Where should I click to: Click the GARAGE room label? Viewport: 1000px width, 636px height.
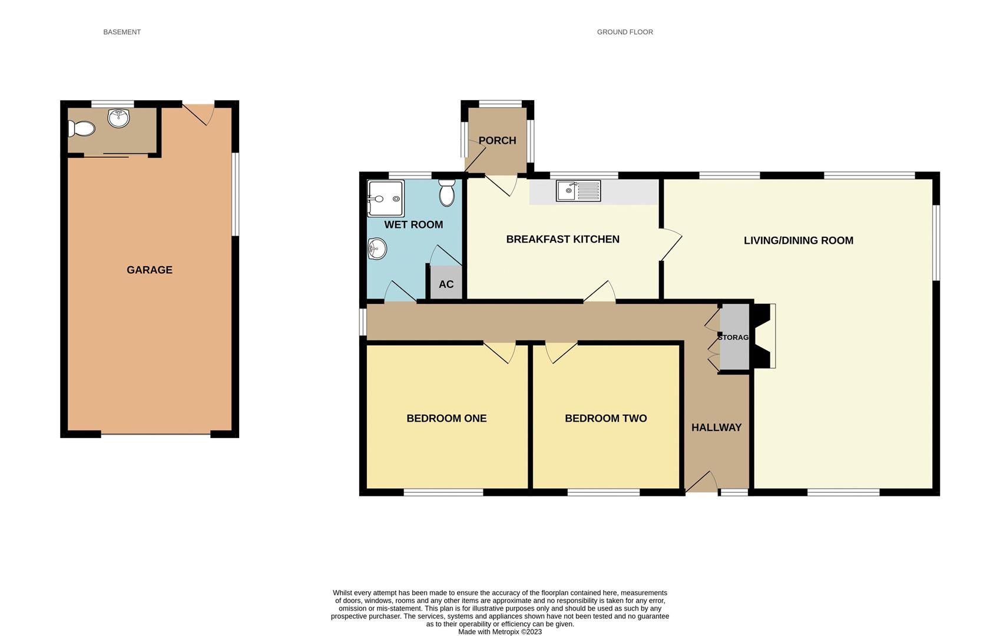coord(150,270)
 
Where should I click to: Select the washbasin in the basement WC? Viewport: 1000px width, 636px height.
coord(118,118)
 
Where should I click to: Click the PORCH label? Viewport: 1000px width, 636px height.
coord(497,140)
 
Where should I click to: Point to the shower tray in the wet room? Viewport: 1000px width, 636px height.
coord(385,198)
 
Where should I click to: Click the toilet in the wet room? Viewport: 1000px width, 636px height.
coord(447,193)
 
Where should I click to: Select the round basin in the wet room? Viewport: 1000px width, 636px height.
coord(377,249)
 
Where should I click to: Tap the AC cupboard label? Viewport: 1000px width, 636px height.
coord(446,284)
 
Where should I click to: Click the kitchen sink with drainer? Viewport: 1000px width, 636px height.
coord(578,191)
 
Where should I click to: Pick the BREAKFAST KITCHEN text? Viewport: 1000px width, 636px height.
coord(562,239)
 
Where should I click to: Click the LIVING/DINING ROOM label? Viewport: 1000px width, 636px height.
coord(798,240)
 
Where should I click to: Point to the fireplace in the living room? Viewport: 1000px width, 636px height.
coord(765,336)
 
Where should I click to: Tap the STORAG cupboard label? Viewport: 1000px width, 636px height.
coord(733,337)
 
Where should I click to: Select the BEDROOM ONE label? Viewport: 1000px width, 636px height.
coord(446,418)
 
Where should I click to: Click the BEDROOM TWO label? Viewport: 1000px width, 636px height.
coord(605,418)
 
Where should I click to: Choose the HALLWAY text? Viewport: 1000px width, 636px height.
coord(716,428)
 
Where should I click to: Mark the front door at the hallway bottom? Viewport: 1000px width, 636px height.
coord(701,482)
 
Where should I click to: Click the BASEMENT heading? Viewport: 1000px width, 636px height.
coord(122,32)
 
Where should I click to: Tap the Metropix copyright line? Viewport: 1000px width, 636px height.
coord(500,632)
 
